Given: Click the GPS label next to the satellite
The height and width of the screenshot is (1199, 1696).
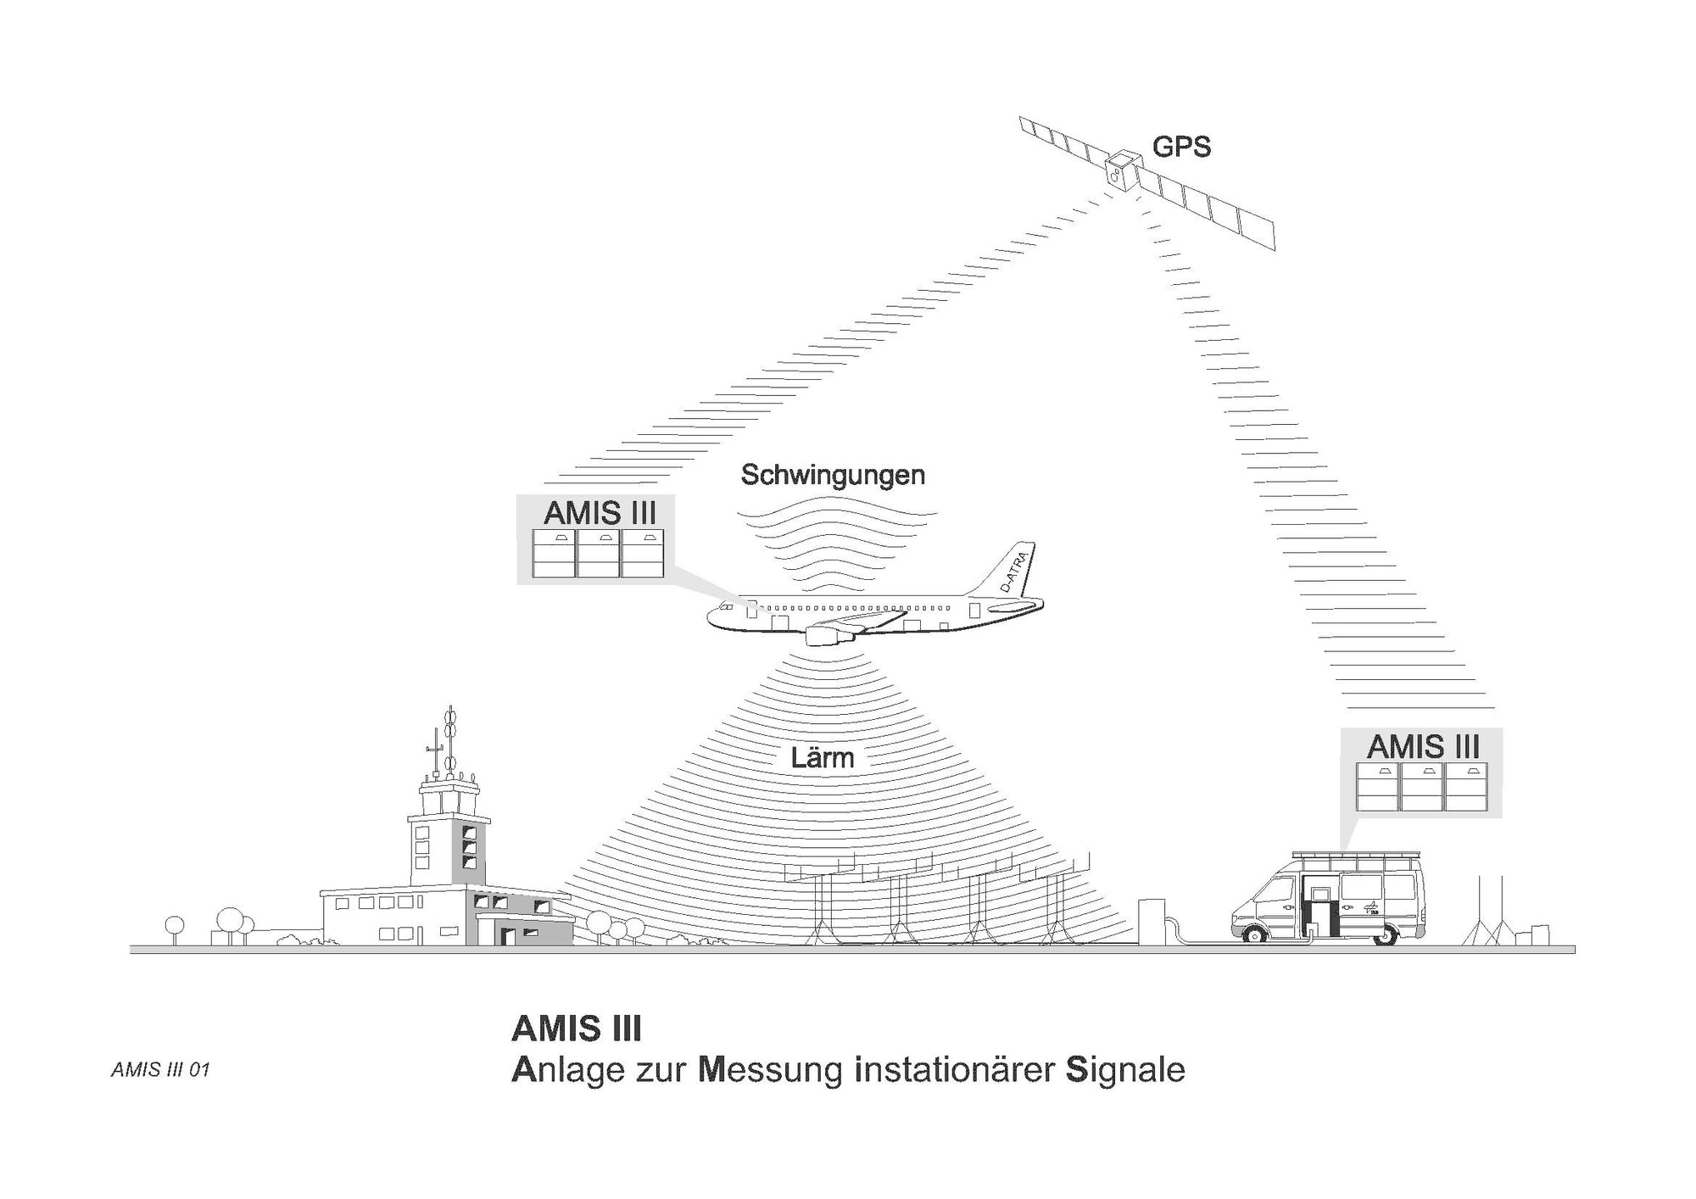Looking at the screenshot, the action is [1180, 148].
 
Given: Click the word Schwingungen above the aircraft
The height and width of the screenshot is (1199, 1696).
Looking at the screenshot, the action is [833, 475].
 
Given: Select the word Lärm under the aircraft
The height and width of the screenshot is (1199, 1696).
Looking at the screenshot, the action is [822, 758].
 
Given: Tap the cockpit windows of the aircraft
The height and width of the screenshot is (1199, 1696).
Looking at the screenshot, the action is [726, 608].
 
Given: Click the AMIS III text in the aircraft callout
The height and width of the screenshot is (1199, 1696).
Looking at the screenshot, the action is [600, 513].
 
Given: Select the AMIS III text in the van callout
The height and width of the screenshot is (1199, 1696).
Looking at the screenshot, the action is [1423, 747].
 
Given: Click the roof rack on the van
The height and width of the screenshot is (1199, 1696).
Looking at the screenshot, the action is [1357, 858].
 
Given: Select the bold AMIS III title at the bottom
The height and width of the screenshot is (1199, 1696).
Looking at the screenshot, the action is [577, 1029].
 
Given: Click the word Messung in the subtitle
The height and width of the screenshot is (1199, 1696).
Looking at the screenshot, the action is [770, 1071].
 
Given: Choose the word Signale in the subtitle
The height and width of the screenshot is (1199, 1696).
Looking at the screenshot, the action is [1125, 1071].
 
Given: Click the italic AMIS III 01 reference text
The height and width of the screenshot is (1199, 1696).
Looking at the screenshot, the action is [160, 1070].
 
